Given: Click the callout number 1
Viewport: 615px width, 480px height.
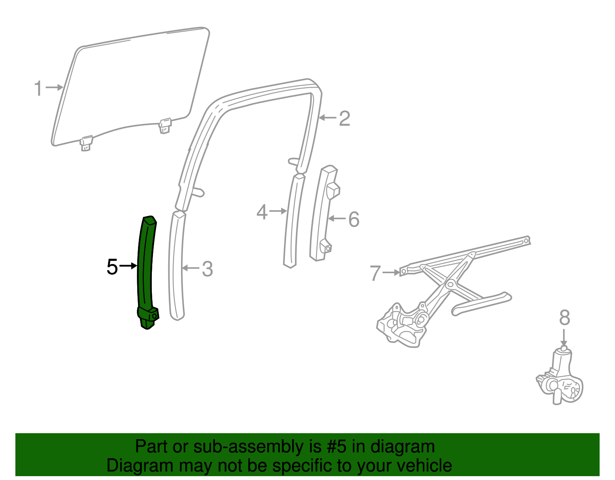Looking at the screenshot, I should tap(38, 88).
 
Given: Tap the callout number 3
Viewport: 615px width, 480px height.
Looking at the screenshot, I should tap(207, 269).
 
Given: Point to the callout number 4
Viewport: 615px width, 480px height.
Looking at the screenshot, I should tap(262, 212).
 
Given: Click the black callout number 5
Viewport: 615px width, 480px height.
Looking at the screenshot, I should tap(112, 267).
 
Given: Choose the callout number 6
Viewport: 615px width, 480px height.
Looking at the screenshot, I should tap(354, 220).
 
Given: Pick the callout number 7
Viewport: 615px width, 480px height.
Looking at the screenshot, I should tap(375, 273).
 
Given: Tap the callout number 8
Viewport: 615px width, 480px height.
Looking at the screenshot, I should tap(564, 318).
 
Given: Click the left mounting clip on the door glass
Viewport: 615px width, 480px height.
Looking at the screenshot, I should tap(86, 143).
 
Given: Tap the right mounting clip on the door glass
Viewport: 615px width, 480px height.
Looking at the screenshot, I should tap(165, 125).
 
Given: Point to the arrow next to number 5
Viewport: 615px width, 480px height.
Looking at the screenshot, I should tap(128, 266).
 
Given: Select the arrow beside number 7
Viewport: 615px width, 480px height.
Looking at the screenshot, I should tap(391, 272).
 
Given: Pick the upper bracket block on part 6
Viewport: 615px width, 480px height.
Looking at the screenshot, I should tap(333, 190).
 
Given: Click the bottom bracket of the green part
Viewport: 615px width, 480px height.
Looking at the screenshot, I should tap(148, 317).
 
